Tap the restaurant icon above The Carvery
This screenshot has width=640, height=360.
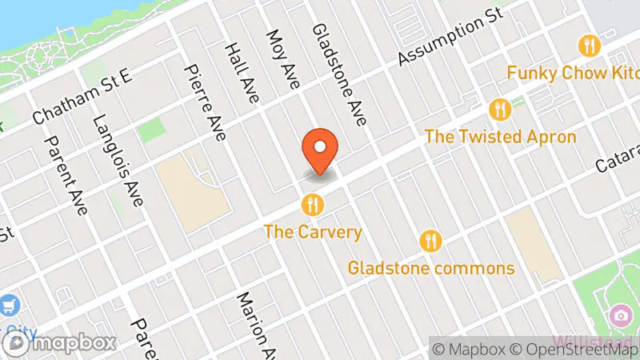(313, 206)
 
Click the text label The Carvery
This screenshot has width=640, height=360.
(313, 233)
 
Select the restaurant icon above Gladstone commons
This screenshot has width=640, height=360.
(430, 240)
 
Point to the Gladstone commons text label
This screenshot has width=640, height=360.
(430, 267)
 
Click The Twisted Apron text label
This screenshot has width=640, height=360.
(500, 137)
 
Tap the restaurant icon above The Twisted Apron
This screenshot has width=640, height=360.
(500, 110)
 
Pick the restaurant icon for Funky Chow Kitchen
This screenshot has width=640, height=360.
(590, 45)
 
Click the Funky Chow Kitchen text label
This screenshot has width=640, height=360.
(573, 73)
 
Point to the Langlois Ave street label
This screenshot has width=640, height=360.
(118, 161)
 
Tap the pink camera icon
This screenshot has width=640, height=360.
(618, 316)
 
